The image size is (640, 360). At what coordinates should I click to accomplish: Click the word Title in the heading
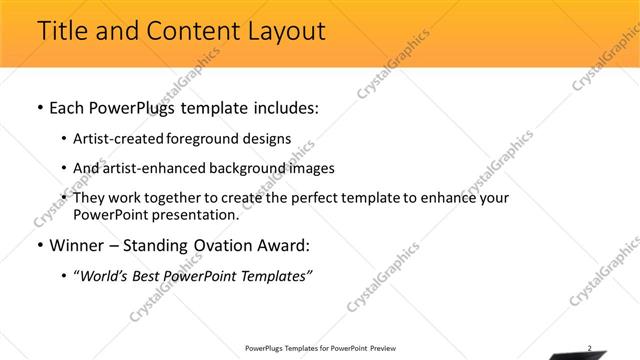point(62,31)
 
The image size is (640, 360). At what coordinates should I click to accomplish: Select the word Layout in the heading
point(286,31)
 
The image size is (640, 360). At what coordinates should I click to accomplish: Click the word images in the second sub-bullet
point(311,168)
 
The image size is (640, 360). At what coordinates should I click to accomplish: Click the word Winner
point(76,245)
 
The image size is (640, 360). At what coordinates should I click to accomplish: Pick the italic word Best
point(151,275)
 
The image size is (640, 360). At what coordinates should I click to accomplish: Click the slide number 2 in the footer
point(589,348)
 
